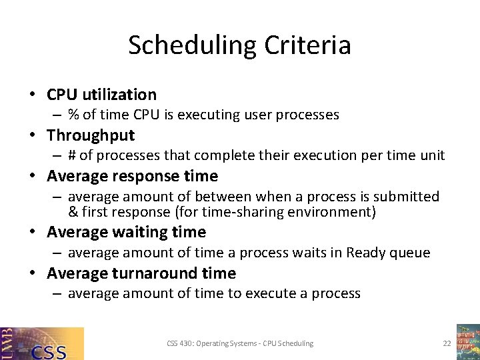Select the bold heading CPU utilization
tap(101, 95)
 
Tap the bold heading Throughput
tap(91, 135)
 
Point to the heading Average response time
tap(132, 176)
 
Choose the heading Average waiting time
tap(126, 232)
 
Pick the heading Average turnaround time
tap(141, 273)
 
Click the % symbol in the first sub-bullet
tap(74, 115)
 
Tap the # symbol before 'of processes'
tap(73, 155)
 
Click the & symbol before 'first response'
tap(73, 212)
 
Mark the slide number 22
tap(447, 343)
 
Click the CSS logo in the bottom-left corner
tap(42, 343)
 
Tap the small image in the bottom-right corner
tap(467, 342)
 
